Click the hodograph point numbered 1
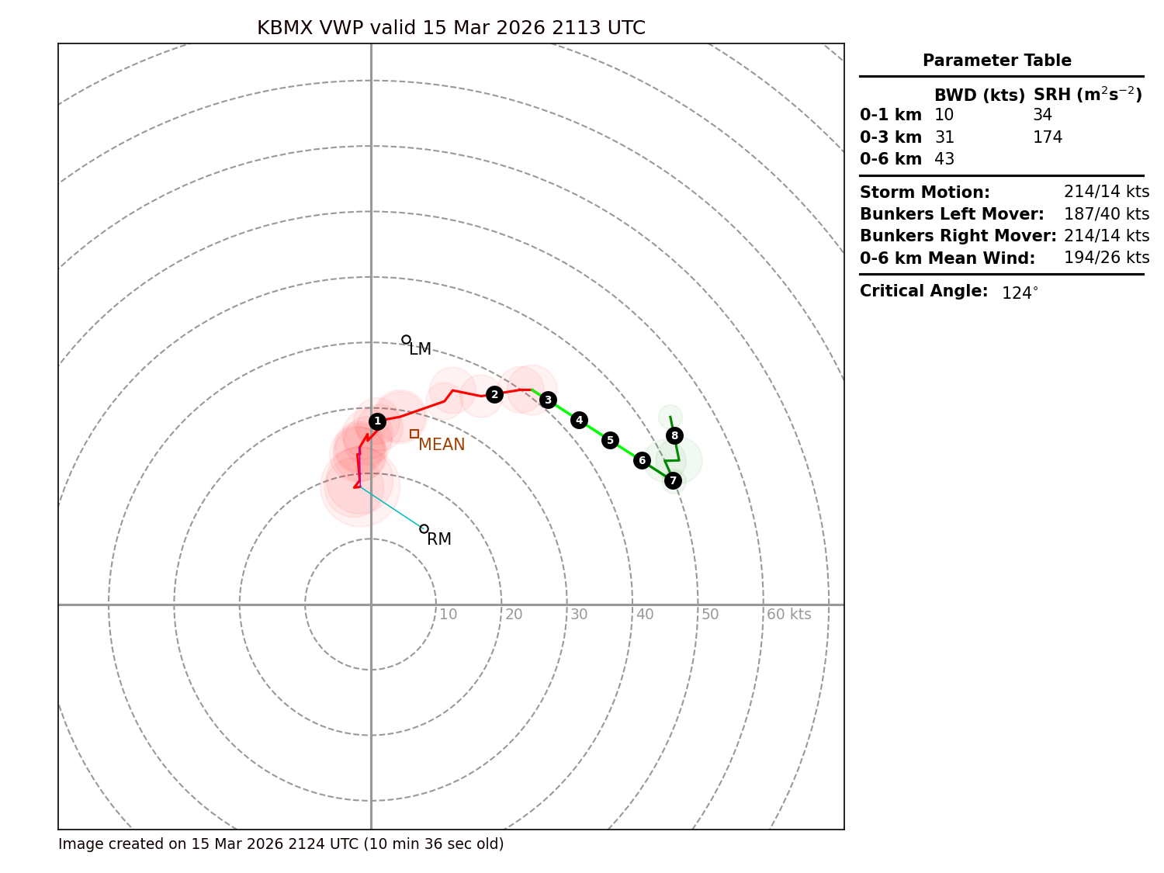(x=377, y=421)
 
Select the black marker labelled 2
(x=494, y=394)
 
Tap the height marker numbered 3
(x=548, y=400)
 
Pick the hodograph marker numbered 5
(x=610, y=440)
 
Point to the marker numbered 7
(x=673, y=480)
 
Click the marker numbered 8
(x=674, y=435)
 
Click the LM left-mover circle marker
(x=406, y=339)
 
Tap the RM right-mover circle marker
(x=424, y=528)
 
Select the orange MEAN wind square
(x=414, y=434)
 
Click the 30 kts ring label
(x=579, y=615)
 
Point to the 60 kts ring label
(x=788, y=615)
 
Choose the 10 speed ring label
(x=448, y=615)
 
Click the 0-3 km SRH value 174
(x=1047, y=137)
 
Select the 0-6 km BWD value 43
(x=944, y=159)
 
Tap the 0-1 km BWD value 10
(x=944, y=115)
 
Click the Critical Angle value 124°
(x=1019, y=293)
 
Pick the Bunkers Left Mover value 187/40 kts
(x=1106, y=213)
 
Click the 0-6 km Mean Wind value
(x=1106, y=258)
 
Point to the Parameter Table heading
(x=996, y=61)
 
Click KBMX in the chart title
(x=284, y=28)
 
